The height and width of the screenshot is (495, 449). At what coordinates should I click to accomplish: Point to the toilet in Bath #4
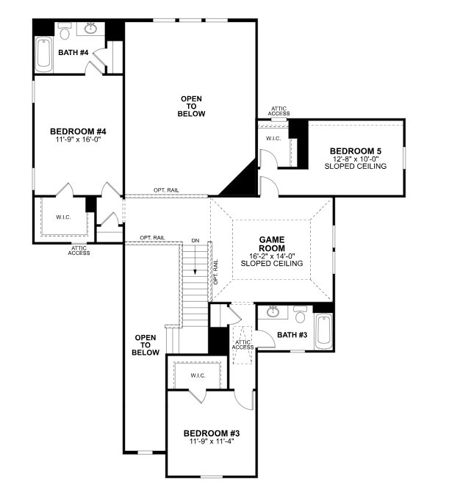[65, 32]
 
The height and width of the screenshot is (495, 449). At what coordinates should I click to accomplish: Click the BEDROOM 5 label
[356, 151]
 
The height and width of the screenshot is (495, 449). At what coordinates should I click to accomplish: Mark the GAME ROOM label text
[272, 244]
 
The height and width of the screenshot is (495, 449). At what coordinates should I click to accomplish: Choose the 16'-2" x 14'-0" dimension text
[272, 256]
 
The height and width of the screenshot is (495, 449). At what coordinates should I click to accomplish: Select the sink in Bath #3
[273, 311]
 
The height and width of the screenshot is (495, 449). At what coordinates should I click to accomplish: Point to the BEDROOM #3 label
[212, 433]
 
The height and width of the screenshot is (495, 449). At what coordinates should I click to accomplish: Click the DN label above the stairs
[195, 240]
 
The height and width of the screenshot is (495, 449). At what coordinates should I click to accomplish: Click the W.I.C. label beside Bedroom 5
[273, 138]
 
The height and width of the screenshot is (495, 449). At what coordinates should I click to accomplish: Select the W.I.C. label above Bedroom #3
[197, 375]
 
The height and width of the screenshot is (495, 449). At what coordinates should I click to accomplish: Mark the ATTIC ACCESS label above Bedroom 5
[279, 111]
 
